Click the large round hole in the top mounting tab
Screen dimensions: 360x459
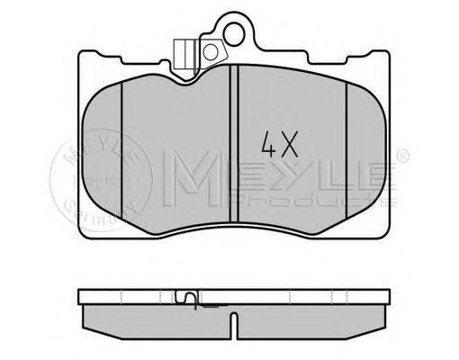238,34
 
